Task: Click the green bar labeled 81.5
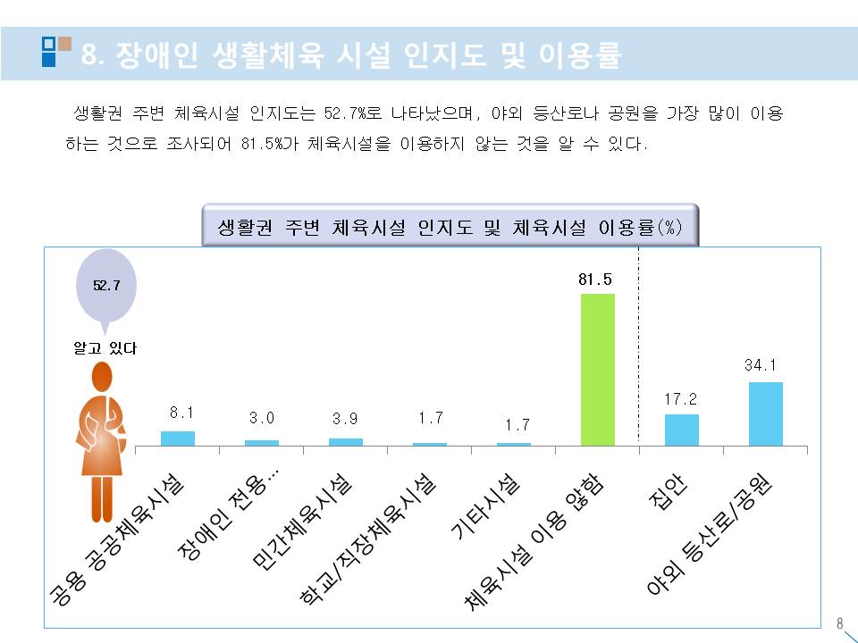point(598,369)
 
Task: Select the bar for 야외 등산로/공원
point(765,413)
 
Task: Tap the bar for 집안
point(681,430)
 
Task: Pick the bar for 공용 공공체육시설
point(177,438)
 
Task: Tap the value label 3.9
point(345,419)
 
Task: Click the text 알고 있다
point(105,348)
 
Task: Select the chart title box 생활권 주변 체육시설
point(450,227)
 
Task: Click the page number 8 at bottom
point(838,623)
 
